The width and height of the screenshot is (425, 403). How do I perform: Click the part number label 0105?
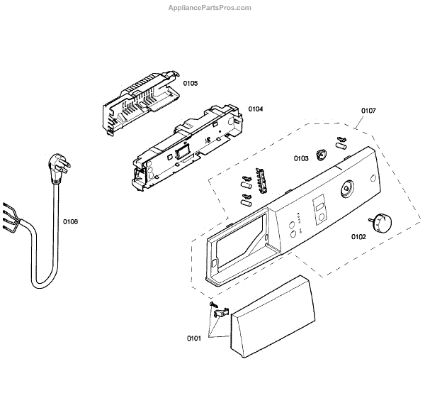(191, 83)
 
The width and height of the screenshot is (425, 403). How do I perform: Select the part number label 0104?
(256, 109)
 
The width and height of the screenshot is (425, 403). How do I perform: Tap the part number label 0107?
(368, 111)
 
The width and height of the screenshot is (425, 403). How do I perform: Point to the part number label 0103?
(300, 158)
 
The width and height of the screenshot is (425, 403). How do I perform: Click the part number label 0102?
(358, 237)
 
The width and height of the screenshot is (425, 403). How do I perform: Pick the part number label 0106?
(70, 222)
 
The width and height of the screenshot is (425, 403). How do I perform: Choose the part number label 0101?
(193, 338)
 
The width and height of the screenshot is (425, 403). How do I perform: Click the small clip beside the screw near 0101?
(221, 310)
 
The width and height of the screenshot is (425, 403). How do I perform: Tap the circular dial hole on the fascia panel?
(347, 189)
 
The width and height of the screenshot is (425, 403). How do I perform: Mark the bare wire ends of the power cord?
(8, 214)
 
